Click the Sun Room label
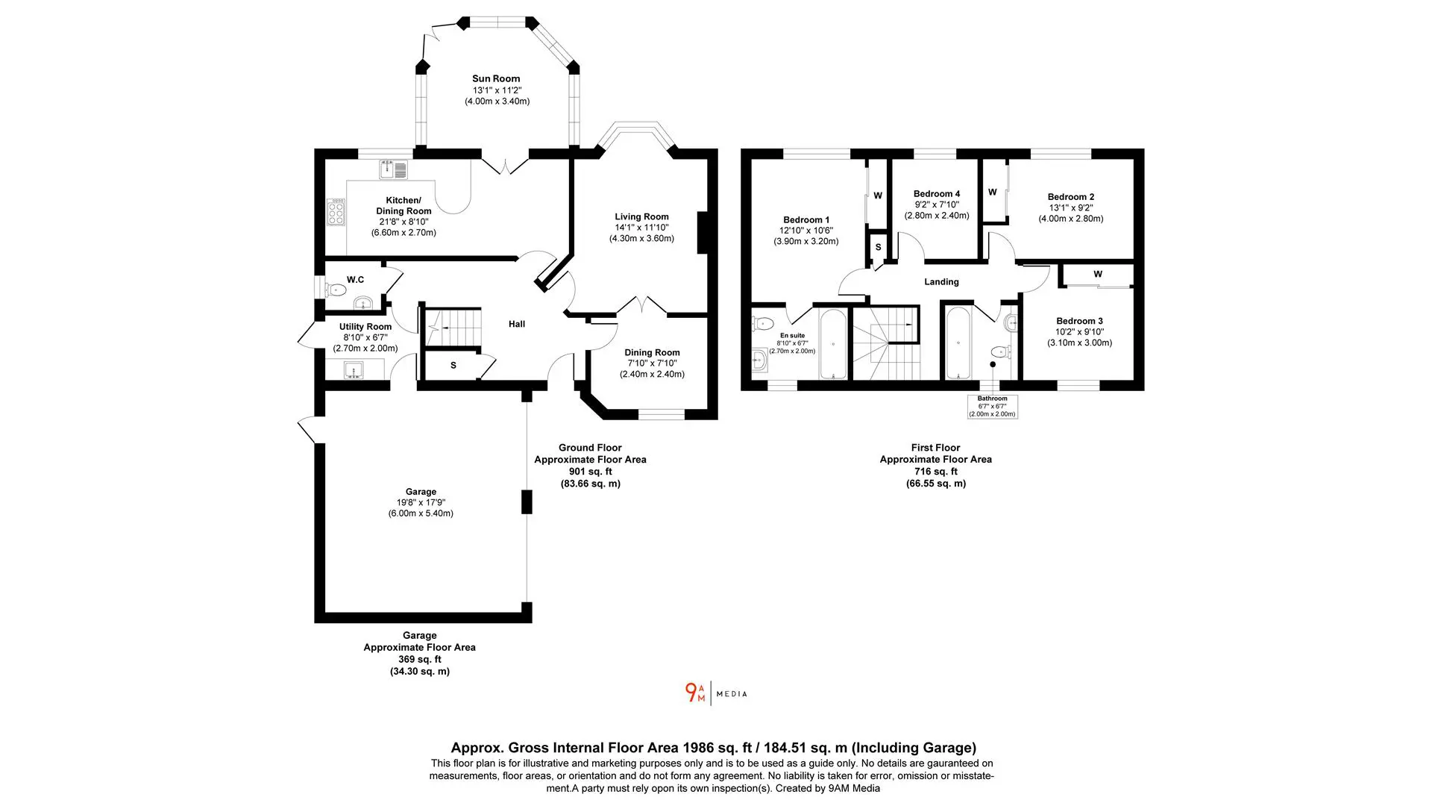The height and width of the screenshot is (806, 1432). tap(496, 78)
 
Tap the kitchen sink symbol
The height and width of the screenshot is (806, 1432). tap(393, 170)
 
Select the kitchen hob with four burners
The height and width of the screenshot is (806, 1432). tap(336, 212)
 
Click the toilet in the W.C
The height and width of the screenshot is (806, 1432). tap(336, 289)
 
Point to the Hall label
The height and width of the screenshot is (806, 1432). tap(517, 324)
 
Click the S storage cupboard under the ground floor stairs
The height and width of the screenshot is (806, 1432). tap(453, 366)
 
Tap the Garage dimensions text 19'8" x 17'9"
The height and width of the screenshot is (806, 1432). tap(421, 502)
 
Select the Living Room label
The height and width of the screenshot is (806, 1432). tap(641, 216)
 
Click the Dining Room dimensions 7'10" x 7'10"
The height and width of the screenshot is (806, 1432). tap(652, 363)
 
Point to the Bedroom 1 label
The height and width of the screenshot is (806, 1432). tap(806, 219)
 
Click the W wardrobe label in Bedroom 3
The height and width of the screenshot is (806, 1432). tap(1098, 274)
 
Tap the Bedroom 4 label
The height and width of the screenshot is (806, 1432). tap(937, 193)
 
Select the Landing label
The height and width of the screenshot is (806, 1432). tap(941, 281)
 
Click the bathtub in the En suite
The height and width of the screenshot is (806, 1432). tap(832, 346)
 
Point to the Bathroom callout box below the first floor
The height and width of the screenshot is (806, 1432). tap(993, 406)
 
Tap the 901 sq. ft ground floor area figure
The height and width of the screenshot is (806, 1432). tap(590, 472)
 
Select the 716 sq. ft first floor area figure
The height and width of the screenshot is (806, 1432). tap(936, 472)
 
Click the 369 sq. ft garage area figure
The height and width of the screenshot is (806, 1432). tap(420, 660)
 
